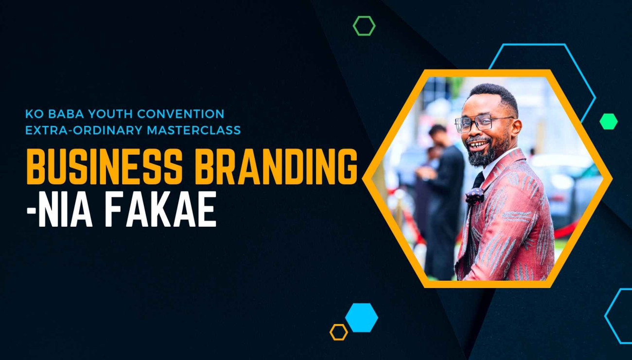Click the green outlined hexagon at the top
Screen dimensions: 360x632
coord(364,26)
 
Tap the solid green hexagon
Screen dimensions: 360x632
coord(608,122)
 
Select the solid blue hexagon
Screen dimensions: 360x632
coord(361,318)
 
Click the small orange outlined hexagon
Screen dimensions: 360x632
coord(338,332)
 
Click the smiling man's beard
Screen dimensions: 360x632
coord(484,156)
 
